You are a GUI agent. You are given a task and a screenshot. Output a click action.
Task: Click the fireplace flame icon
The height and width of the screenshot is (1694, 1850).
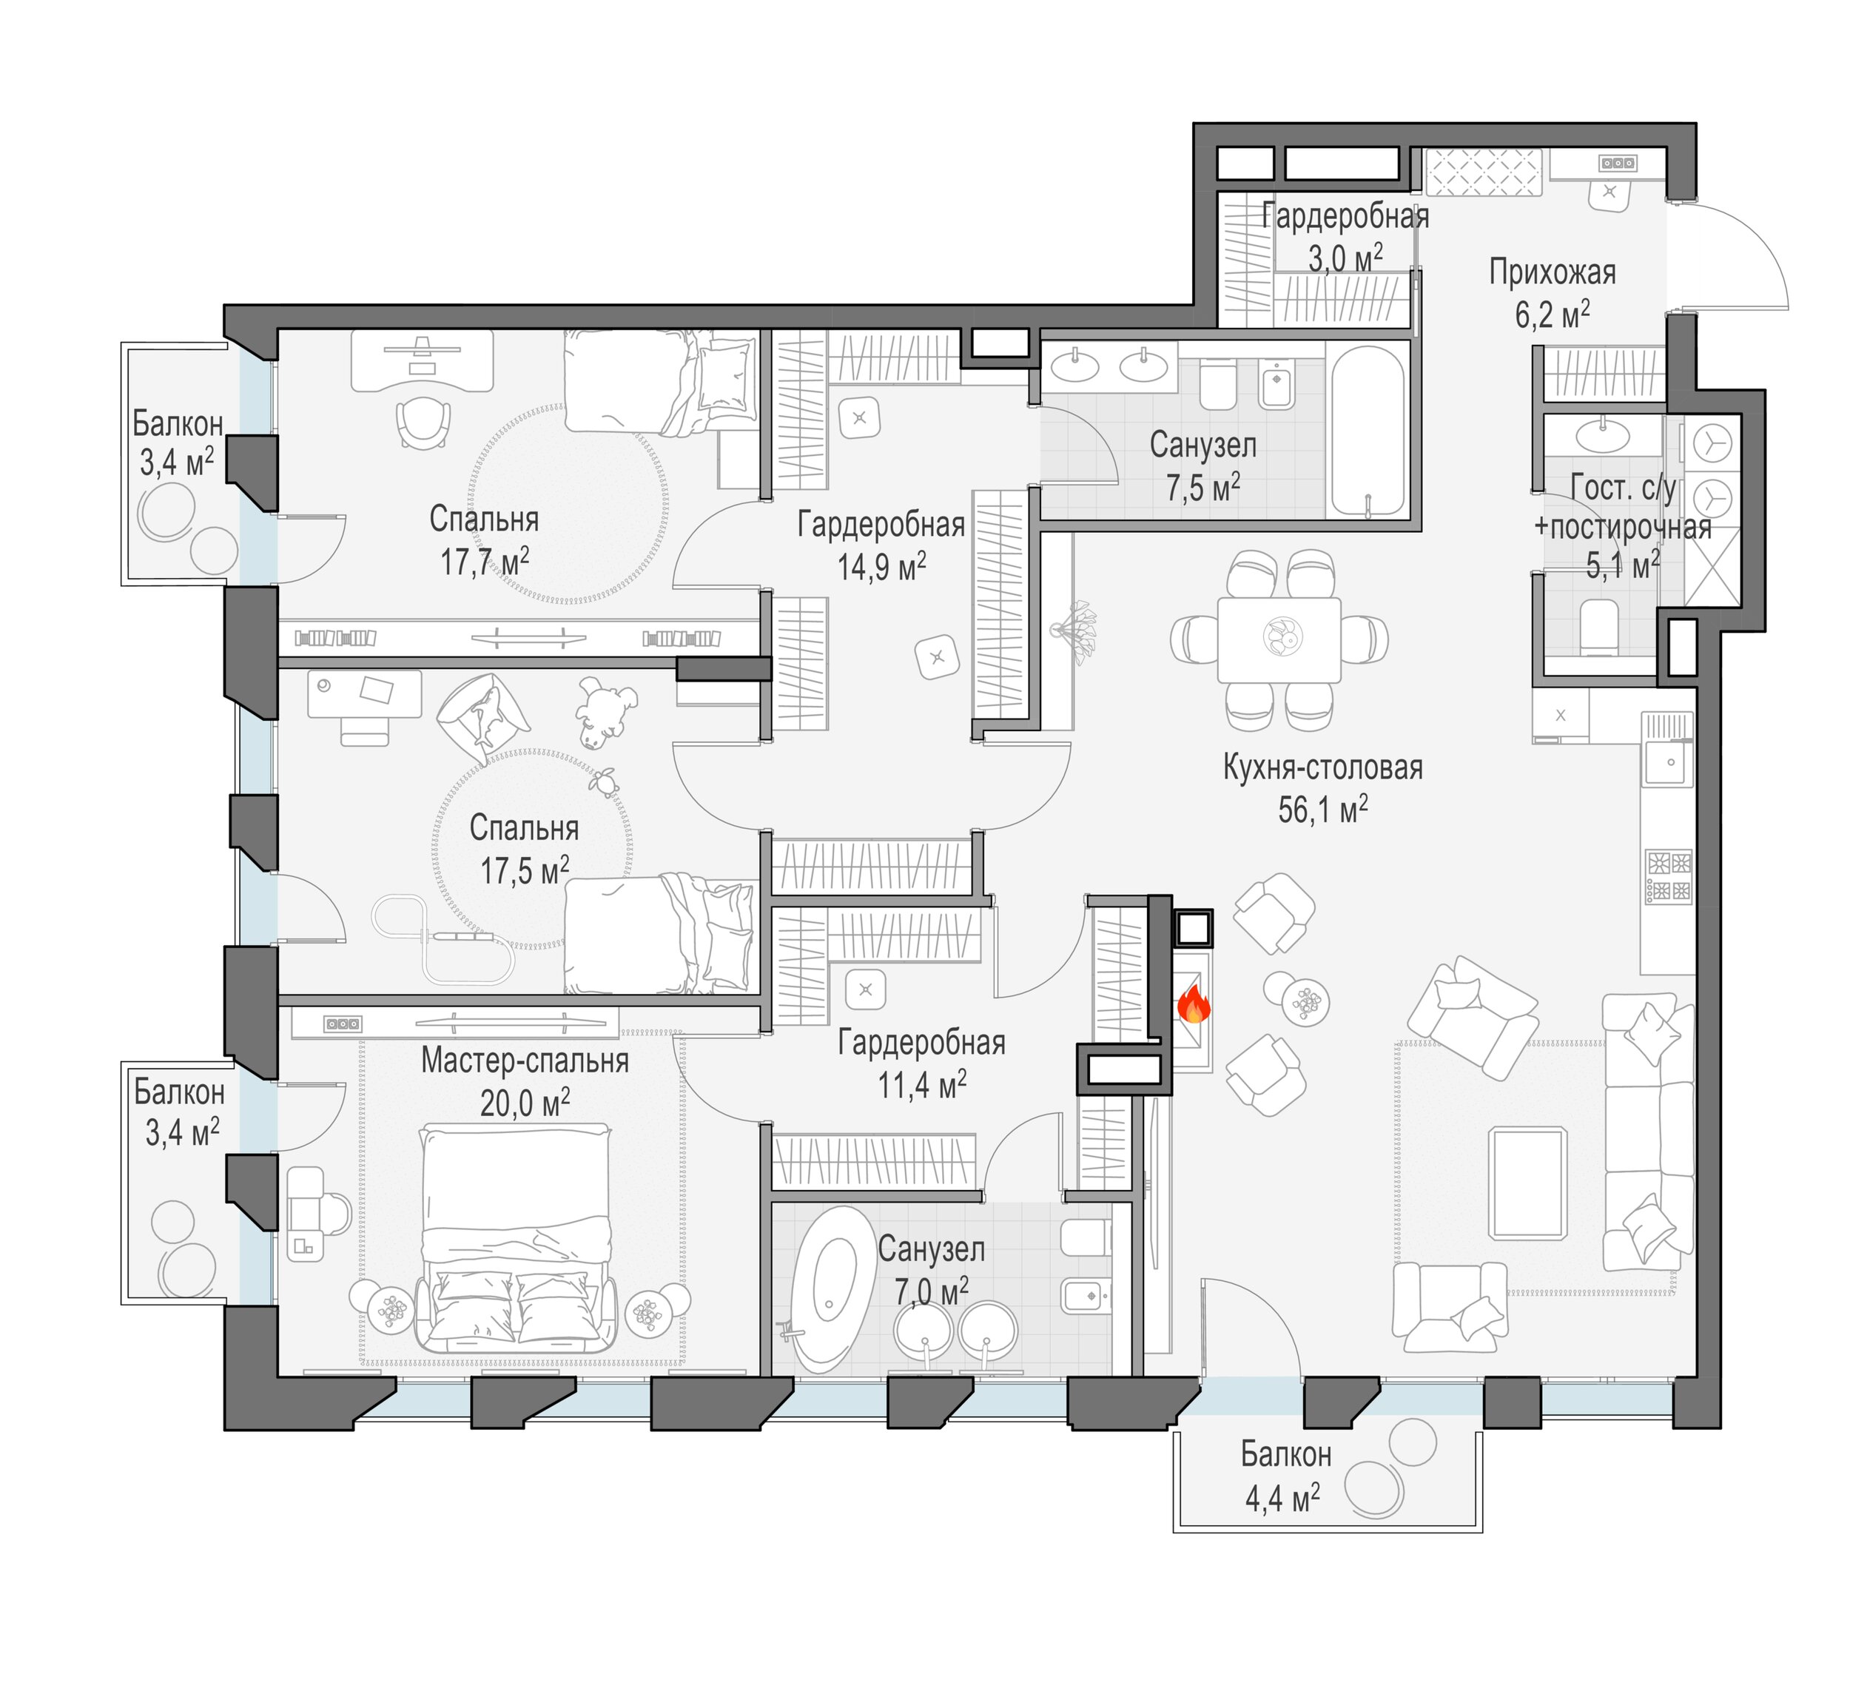coord(1193,1004)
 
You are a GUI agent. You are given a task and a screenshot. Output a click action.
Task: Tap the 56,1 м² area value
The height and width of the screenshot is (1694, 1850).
coord(1322,810)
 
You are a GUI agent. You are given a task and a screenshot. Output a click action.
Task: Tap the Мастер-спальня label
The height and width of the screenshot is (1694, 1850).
coord(525,1061)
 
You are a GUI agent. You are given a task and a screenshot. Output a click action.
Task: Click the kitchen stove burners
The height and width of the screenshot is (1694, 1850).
coord(1668,877)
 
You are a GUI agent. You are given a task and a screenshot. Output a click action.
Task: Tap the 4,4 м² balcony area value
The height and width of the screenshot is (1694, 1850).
coord(1282,1499)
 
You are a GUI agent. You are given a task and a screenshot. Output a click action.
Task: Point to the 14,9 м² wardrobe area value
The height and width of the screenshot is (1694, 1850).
coord(881,566)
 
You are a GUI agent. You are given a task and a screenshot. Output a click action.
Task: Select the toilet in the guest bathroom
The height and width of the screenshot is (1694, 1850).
coord(1599,628)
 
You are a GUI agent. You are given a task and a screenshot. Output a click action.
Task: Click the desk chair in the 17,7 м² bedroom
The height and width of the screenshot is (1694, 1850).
coord(424,423)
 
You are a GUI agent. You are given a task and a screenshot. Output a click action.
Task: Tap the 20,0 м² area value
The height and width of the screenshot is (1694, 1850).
coord(525,1102)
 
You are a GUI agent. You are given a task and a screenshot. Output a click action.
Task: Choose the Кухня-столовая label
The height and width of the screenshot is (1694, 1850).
coord(1322,767)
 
